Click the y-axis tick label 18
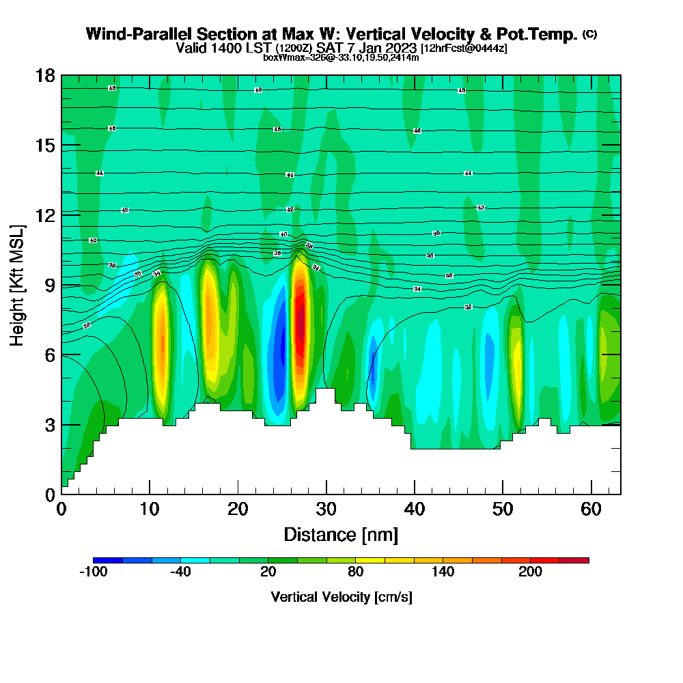click(x=44, y=75)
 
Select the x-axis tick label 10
click(x=150, y=509)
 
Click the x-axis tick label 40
click(x=415, y=509)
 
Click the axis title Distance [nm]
click(x=341, y=534)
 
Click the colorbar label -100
click(x=93, y=572)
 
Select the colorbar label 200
click(x=530, y=572)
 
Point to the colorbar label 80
click(x=355, y=572)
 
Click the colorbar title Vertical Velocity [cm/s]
click(x=341, y=597)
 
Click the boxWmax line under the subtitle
click(x=341, y=57)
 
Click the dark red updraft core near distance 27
click(x=300, y=318)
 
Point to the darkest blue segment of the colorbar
click(x=108, y=560)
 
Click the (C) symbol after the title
click(x=589, y=33)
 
